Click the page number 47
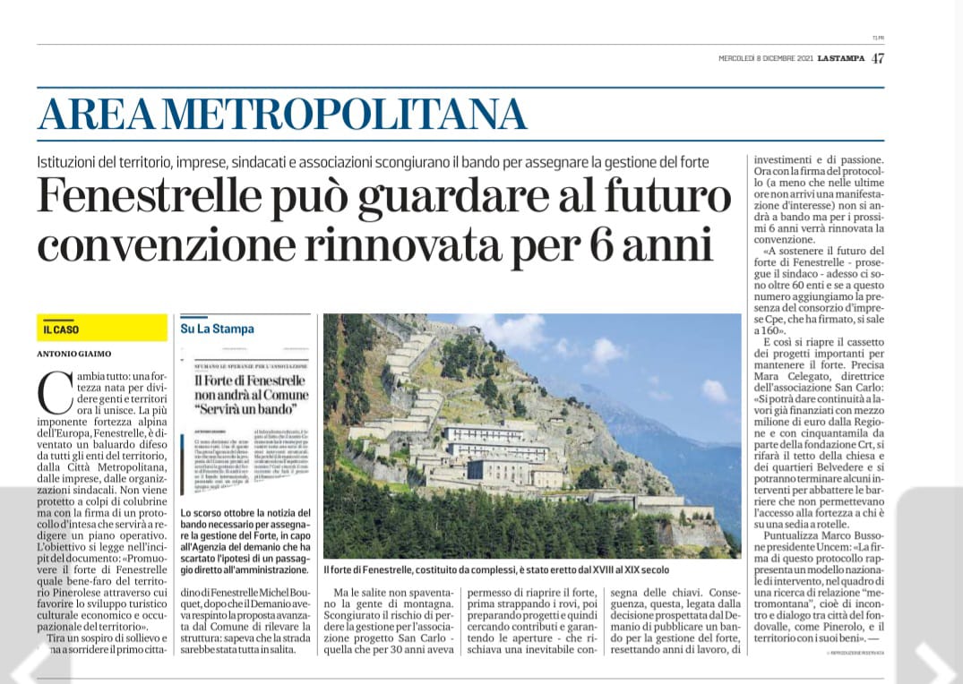tap(877, 58)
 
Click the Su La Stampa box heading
tap(217, 329)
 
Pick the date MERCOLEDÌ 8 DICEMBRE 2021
tap(765, 59)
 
